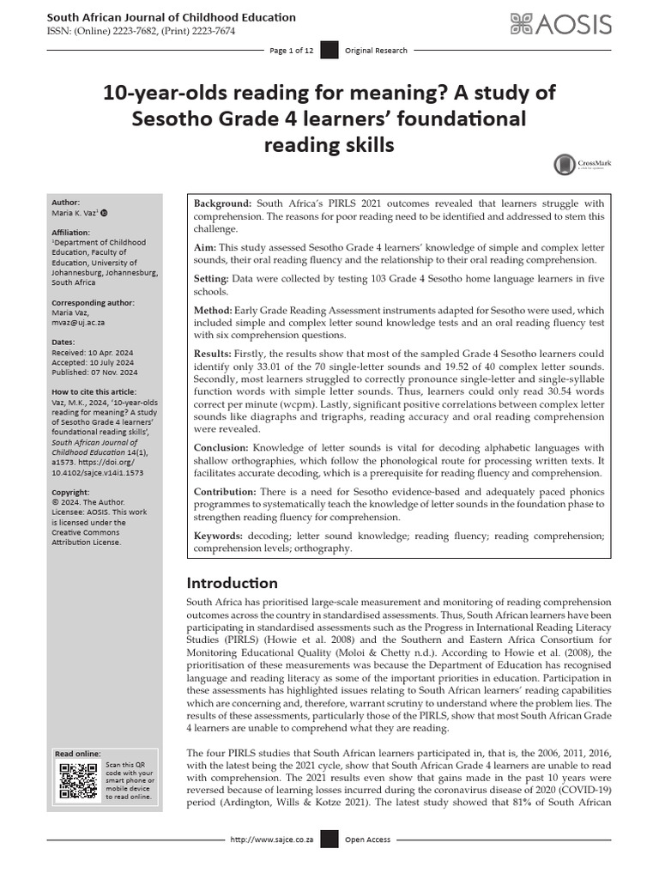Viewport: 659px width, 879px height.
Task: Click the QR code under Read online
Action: point(77,779)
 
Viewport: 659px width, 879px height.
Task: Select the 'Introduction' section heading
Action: point(232,583)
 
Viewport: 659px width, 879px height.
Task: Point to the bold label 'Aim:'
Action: point(205,247)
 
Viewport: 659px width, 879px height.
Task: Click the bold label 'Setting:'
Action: point(211,279)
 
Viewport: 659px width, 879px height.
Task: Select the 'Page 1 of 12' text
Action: point(291,51)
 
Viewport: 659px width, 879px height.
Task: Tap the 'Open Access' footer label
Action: point(367,840)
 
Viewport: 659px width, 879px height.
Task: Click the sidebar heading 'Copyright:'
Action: point(70,493)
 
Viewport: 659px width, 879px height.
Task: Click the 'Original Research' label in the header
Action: point(376,51)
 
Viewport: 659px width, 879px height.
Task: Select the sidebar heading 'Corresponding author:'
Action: point(93,302)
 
